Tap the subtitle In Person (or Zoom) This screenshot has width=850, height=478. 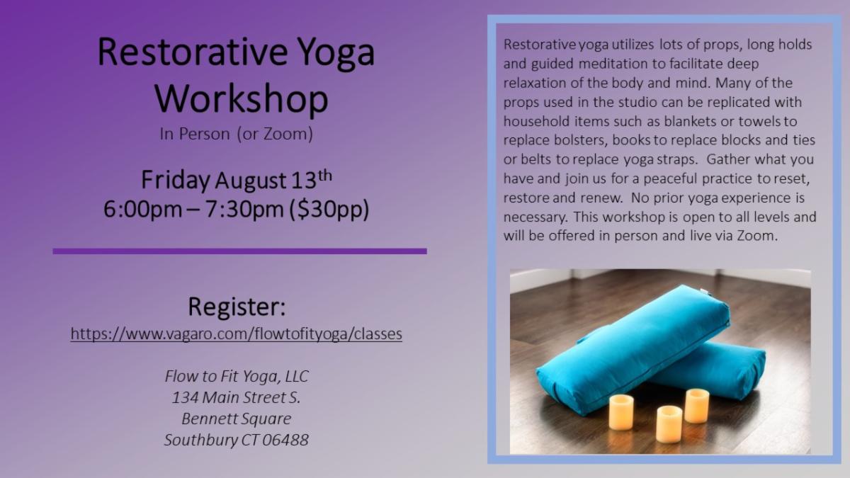pyautogui.click(x=236, y=134)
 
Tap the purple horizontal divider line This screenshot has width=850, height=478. pyautogui.click(x=239, y=251)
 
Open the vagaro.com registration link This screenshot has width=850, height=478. pyautogui.click(x=237, y=334)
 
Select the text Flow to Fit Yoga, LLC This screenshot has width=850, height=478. pyautogui.click(x=237, y=376)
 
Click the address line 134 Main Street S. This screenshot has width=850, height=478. pyautogui.click(x=237, y=397)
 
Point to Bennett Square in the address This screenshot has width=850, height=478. pyautogui.click(x=237, y=419)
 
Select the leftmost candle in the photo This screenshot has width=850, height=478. pyautogui.click(x=620, y=411)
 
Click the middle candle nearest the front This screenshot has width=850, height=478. pyautogui.click(x=669, y=423)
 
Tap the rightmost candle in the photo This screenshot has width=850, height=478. pyautogui.click(x=696, y=405)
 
